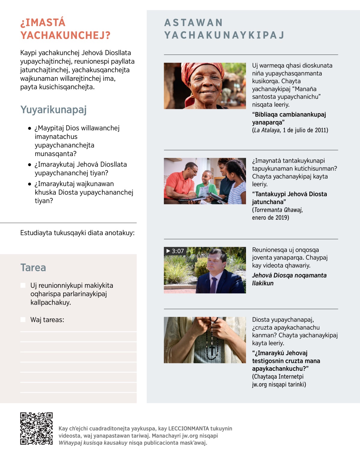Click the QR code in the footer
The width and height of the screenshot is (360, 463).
(x=36, y=428)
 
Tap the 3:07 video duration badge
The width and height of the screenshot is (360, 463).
(x=175, y=251)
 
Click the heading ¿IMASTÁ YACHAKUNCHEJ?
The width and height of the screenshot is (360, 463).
(x=65, y=29)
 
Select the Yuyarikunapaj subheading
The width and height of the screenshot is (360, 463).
(x=53, y=110)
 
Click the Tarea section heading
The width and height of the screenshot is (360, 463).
(x=33, y=268)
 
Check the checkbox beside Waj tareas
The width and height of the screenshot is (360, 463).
(x=23, y=320)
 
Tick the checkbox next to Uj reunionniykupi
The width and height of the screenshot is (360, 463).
(x=23, y=285)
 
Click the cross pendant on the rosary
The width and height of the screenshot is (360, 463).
(x=212, y=350)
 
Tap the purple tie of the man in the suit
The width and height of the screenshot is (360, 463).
(x=213, y=285)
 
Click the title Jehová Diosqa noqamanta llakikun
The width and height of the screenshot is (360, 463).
(x=289, y=279)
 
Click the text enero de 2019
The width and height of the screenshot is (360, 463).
(x=270, y=218)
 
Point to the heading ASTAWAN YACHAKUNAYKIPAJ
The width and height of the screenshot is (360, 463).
(x=224, y=29)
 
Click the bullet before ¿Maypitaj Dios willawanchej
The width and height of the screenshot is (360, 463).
(x=29, y=128)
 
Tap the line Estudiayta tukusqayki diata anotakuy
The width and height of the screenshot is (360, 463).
(x=77, y=233)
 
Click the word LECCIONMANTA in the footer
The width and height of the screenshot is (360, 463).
(x=188, y=428)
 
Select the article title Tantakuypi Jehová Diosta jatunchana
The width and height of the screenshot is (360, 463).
(x=289, y=198)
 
